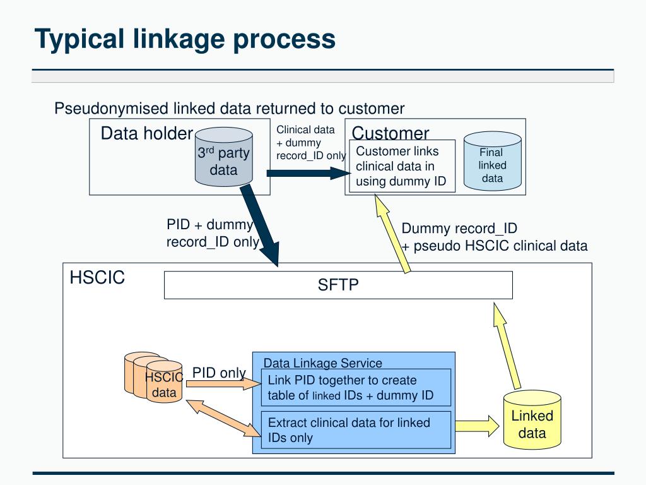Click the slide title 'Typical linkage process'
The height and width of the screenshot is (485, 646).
[x=185, y=40]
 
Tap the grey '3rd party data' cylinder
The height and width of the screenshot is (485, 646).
[x=224, y=157]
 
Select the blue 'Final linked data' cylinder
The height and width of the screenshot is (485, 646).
[x=492, y=161]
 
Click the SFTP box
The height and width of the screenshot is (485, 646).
[x=338, y=285]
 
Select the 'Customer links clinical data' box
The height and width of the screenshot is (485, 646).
[x=402, y=166]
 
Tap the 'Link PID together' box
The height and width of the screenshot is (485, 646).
[x=356, y=388]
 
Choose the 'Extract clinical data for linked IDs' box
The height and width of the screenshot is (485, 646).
[x=356, y=429]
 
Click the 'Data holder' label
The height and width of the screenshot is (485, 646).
[x=146, y=133]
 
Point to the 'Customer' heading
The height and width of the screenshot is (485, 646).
[x=390, y=133]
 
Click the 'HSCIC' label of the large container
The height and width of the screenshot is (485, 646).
[x=97, y=278]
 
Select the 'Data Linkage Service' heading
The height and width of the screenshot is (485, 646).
[x=322, y=363]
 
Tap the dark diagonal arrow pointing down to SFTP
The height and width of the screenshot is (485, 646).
[x=261, y=225]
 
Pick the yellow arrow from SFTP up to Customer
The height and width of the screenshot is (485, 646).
[x=392, y=234]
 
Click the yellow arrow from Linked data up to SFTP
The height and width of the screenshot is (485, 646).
[x=507, y=345]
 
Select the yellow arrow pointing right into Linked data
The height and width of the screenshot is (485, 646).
[x=477, y=426]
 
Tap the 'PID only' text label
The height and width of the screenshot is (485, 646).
[x=219, y=373]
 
